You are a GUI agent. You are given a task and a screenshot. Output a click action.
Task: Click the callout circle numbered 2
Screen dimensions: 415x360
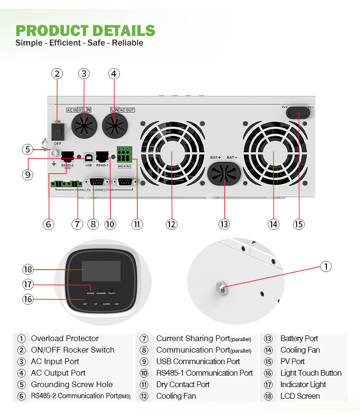(57, 73)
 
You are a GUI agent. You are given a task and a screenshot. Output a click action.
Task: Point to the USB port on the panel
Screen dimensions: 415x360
(88, 157)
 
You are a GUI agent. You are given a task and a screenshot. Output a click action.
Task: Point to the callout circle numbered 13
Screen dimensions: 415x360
(224, 224)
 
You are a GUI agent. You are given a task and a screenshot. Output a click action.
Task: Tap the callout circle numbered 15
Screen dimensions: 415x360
(299, 224)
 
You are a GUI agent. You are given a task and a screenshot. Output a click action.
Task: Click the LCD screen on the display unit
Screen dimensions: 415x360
(101, 271)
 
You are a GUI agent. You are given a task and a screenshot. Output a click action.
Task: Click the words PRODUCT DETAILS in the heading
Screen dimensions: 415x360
(85, 30)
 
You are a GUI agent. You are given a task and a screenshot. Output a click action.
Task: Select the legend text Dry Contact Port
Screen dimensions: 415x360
(183, 384)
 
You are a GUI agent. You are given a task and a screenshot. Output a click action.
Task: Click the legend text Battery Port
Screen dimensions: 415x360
(299, 338)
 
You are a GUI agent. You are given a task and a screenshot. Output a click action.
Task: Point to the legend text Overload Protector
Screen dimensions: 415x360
(65, 338)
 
